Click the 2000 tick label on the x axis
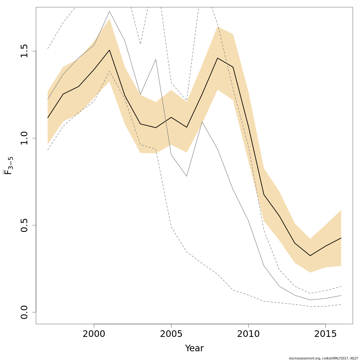94,334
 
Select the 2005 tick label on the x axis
171,334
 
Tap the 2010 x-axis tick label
248,334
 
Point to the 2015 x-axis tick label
325,334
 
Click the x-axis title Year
194,348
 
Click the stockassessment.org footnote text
323,358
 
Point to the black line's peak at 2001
109,50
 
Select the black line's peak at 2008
217,58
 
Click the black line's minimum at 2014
310,256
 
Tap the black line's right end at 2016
341,238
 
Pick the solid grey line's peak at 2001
109,11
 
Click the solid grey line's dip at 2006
187,176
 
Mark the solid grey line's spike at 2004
156,59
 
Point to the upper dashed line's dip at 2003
140,44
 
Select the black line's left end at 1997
48,118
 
